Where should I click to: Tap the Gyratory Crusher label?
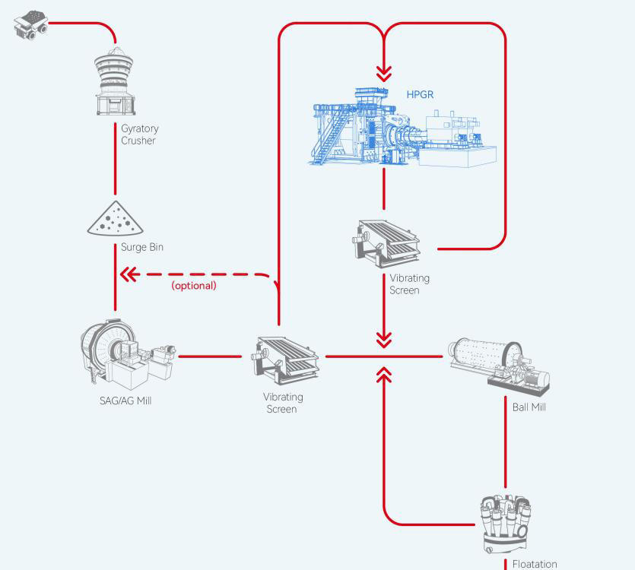[139, 135]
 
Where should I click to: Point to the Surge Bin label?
[141, 247]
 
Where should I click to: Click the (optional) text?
[194, 285]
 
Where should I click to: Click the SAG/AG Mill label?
[125, 401]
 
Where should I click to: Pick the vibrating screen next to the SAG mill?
[284, 358]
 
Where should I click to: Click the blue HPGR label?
[420, 95]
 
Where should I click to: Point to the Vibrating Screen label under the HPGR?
[409, 283]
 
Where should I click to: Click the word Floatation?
[535, 564]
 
